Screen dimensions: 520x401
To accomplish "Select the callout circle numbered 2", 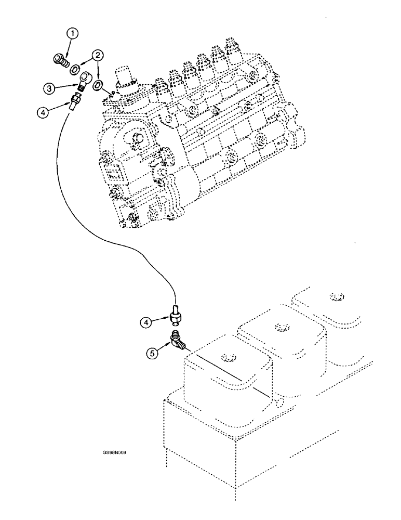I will point(97,55).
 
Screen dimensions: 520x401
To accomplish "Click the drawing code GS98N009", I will point(115,453).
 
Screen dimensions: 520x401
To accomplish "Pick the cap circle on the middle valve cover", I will point(282,327).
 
